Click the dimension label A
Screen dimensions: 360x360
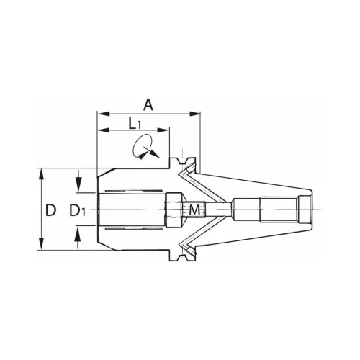[x=148, y=105]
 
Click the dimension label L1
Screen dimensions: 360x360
[x=135, y=124]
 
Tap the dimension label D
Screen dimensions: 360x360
[x=50, y=210]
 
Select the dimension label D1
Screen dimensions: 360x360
[x=77, y=210]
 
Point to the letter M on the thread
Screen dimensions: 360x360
[x=194, y=210]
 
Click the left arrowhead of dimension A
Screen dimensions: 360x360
[x=104, y=114]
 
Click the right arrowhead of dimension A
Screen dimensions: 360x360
[x=194, y=114]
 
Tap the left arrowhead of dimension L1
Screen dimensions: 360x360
[x=104, y=130]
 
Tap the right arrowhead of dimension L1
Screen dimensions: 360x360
[x=163, y=130]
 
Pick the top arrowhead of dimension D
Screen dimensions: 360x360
[x=42, y=174]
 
